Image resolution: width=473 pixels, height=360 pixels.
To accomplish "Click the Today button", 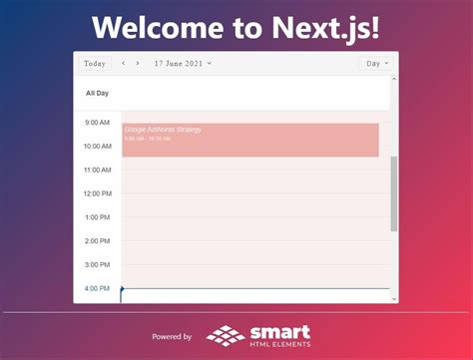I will (95, 64).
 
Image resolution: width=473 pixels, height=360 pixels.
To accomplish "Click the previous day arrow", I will (124, 64).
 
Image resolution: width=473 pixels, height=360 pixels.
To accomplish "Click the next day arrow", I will (138, 64).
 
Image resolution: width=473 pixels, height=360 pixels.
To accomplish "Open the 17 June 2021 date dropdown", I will (183, 64).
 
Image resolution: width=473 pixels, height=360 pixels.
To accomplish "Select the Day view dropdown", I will (376, 64).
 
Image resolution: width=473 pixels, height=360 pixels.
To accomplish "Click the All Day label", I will (97, 93).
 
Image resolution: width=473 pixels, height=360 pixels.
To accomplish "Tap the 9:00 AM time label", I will (98, 123).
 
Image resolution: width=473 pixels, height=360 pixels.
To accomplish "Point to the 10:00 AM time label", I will (98, 147).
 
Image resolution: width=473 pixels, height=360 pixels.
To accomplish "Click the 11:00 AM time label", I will (98, 171).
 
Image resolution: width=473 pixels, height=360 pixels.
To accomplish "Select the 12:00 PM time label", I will (98, 193).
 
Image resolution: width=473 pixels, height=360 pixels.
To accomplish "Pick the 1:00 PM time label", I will (98, 217).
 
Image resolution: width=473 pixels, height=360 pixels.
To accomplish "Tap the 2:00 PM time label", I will (98, 241).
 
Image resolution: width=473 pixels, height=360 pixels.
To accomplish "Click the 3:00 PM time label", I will (98, 265).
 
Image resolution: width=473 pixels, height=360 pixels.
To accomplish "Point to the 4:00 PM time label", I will (98, 288).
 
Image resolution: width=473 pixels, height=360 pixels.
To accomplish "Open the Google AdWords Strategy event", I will (249, 140).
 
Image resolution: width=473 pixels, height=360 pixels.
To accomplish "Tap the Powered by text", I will (172, 337).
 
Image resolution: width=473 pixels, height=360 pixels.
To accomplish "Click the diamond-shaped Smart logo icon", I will (226, 335).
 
